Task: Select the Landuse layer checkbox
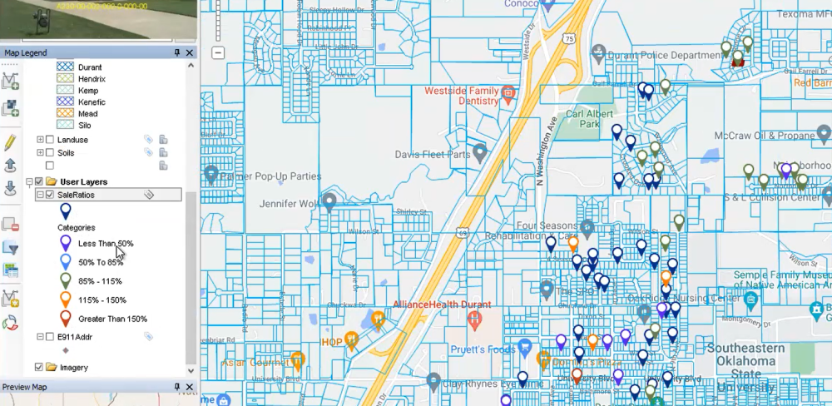50,140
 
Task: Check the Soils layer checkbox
50,152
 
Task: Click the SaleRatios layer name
76,195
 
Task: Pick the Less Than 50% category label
106,244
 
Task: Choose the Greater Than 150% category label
112,319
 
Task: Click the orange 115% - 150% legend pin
66,300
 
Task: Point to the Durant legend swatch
65,66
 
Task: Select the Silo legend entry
83,125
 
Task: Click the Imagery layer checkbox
39,367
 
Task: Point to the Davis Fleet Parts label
431,154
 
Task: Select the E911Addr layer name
74,336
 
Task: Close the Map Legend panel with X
190,53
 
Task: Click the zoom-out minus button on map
218,52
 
